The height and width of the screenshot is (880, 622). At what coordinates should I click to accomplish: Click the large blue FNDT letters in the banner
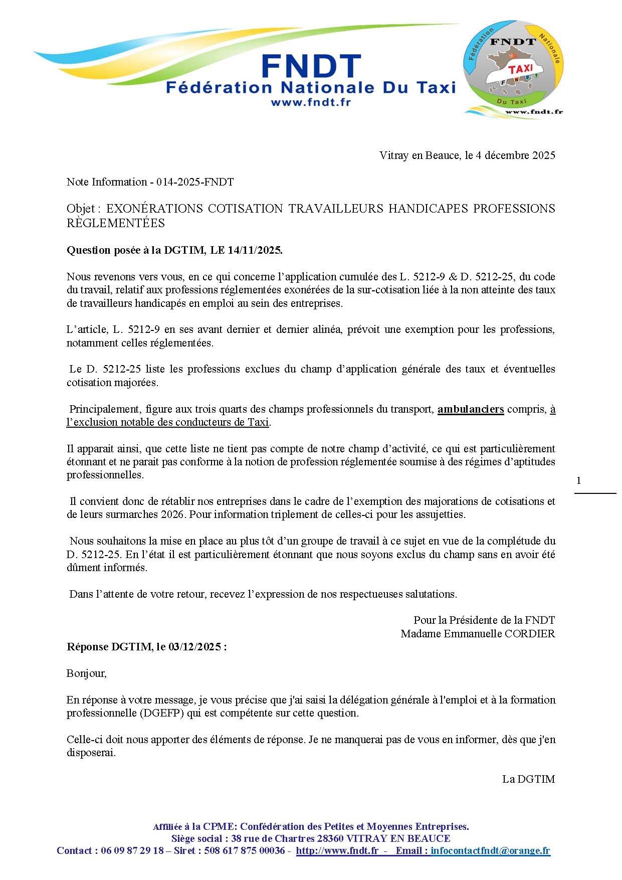[x=311, y=66]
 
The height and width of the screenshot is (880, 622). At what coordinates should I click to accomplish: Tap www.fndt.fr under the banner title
[x=310, y=102]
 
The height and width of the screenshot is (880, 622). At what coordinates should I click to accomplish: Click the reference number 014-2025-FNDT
[x=195, y=182]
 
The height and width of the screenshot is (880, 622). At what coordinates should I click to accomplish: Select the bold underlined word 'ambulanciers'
[x=471, y=409]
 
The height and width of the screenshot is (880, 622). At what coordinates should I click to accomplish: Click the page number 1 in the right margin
[x=579, y=481]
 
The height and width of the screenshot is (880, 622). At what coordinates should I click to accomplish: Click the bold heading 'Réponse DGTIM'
[x=110, y=647]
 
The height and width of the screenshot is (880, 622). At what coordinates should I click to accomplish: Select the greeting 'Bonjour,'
[x=87, y=673]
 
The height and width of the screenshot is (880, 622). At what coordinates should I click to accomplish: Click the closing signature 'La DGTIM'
[x=528, y=779]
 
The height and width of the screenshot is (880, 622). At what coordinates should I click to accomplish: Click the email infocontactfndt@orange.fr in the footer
[x=490, y=851]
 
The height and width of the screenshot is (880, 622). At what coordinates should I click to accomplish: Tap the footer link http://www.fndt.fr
[x=337, y=851]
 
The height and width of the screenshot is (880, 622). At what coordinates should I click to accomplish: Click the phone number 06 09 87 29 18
[x=132, y=851]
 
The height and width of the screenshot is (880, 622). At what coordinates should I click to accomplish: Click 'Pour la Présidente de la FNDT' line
[x=484, y=620]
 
